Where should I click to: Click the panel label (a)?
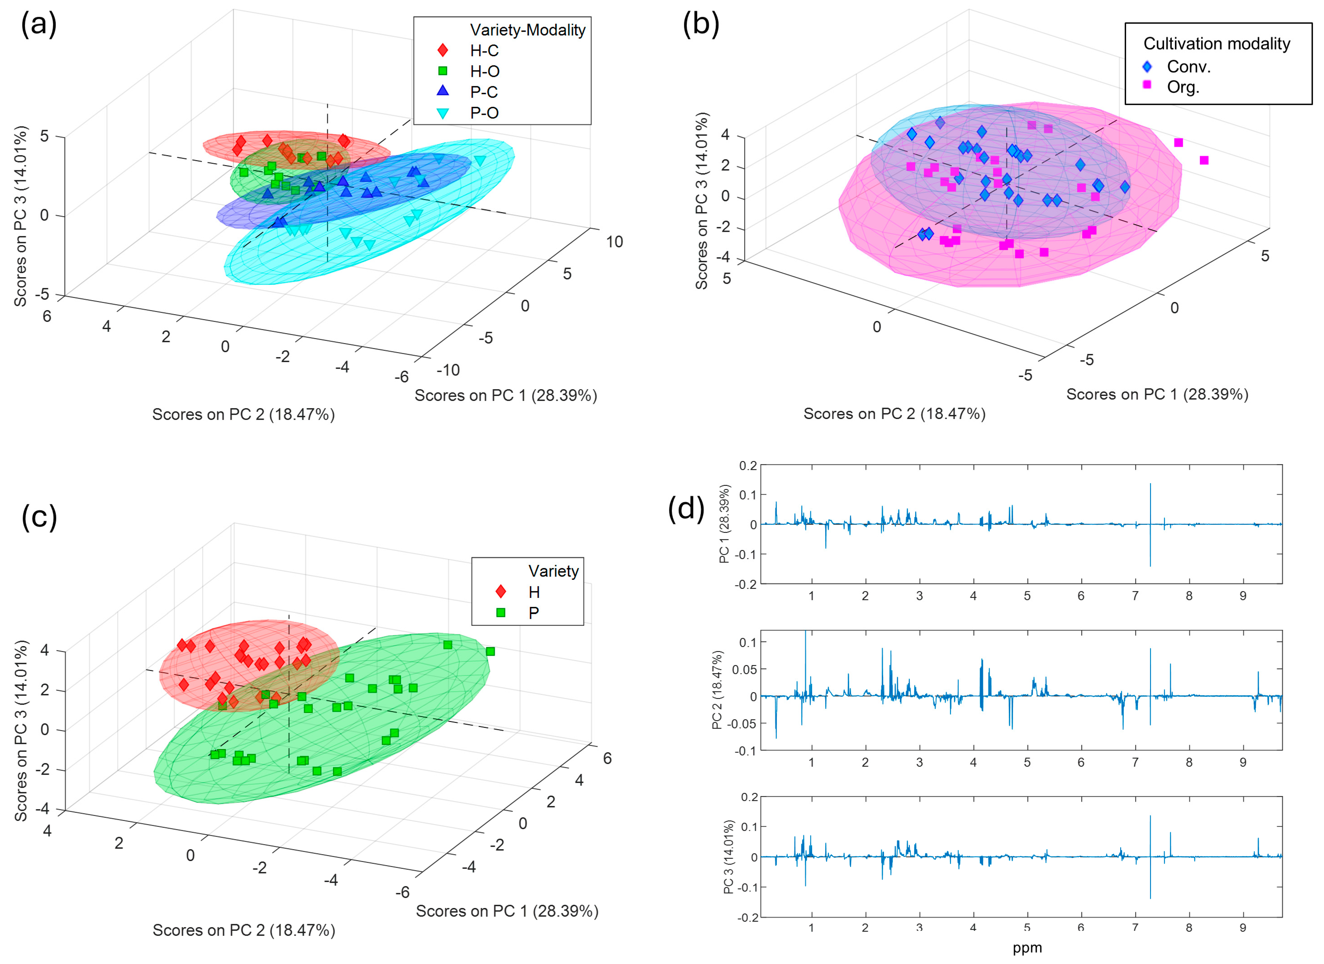(39, 25)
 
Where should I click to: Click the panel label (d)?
(686, 508)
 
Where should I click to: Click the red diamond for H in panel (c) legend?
(500, 592)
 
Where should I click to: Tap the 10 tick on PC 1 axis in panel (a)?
(614, 242)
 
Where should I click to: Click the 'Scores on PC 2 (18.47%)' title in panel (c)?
(244, 929)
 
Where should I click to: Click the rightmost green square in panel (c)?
(490, 651)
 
